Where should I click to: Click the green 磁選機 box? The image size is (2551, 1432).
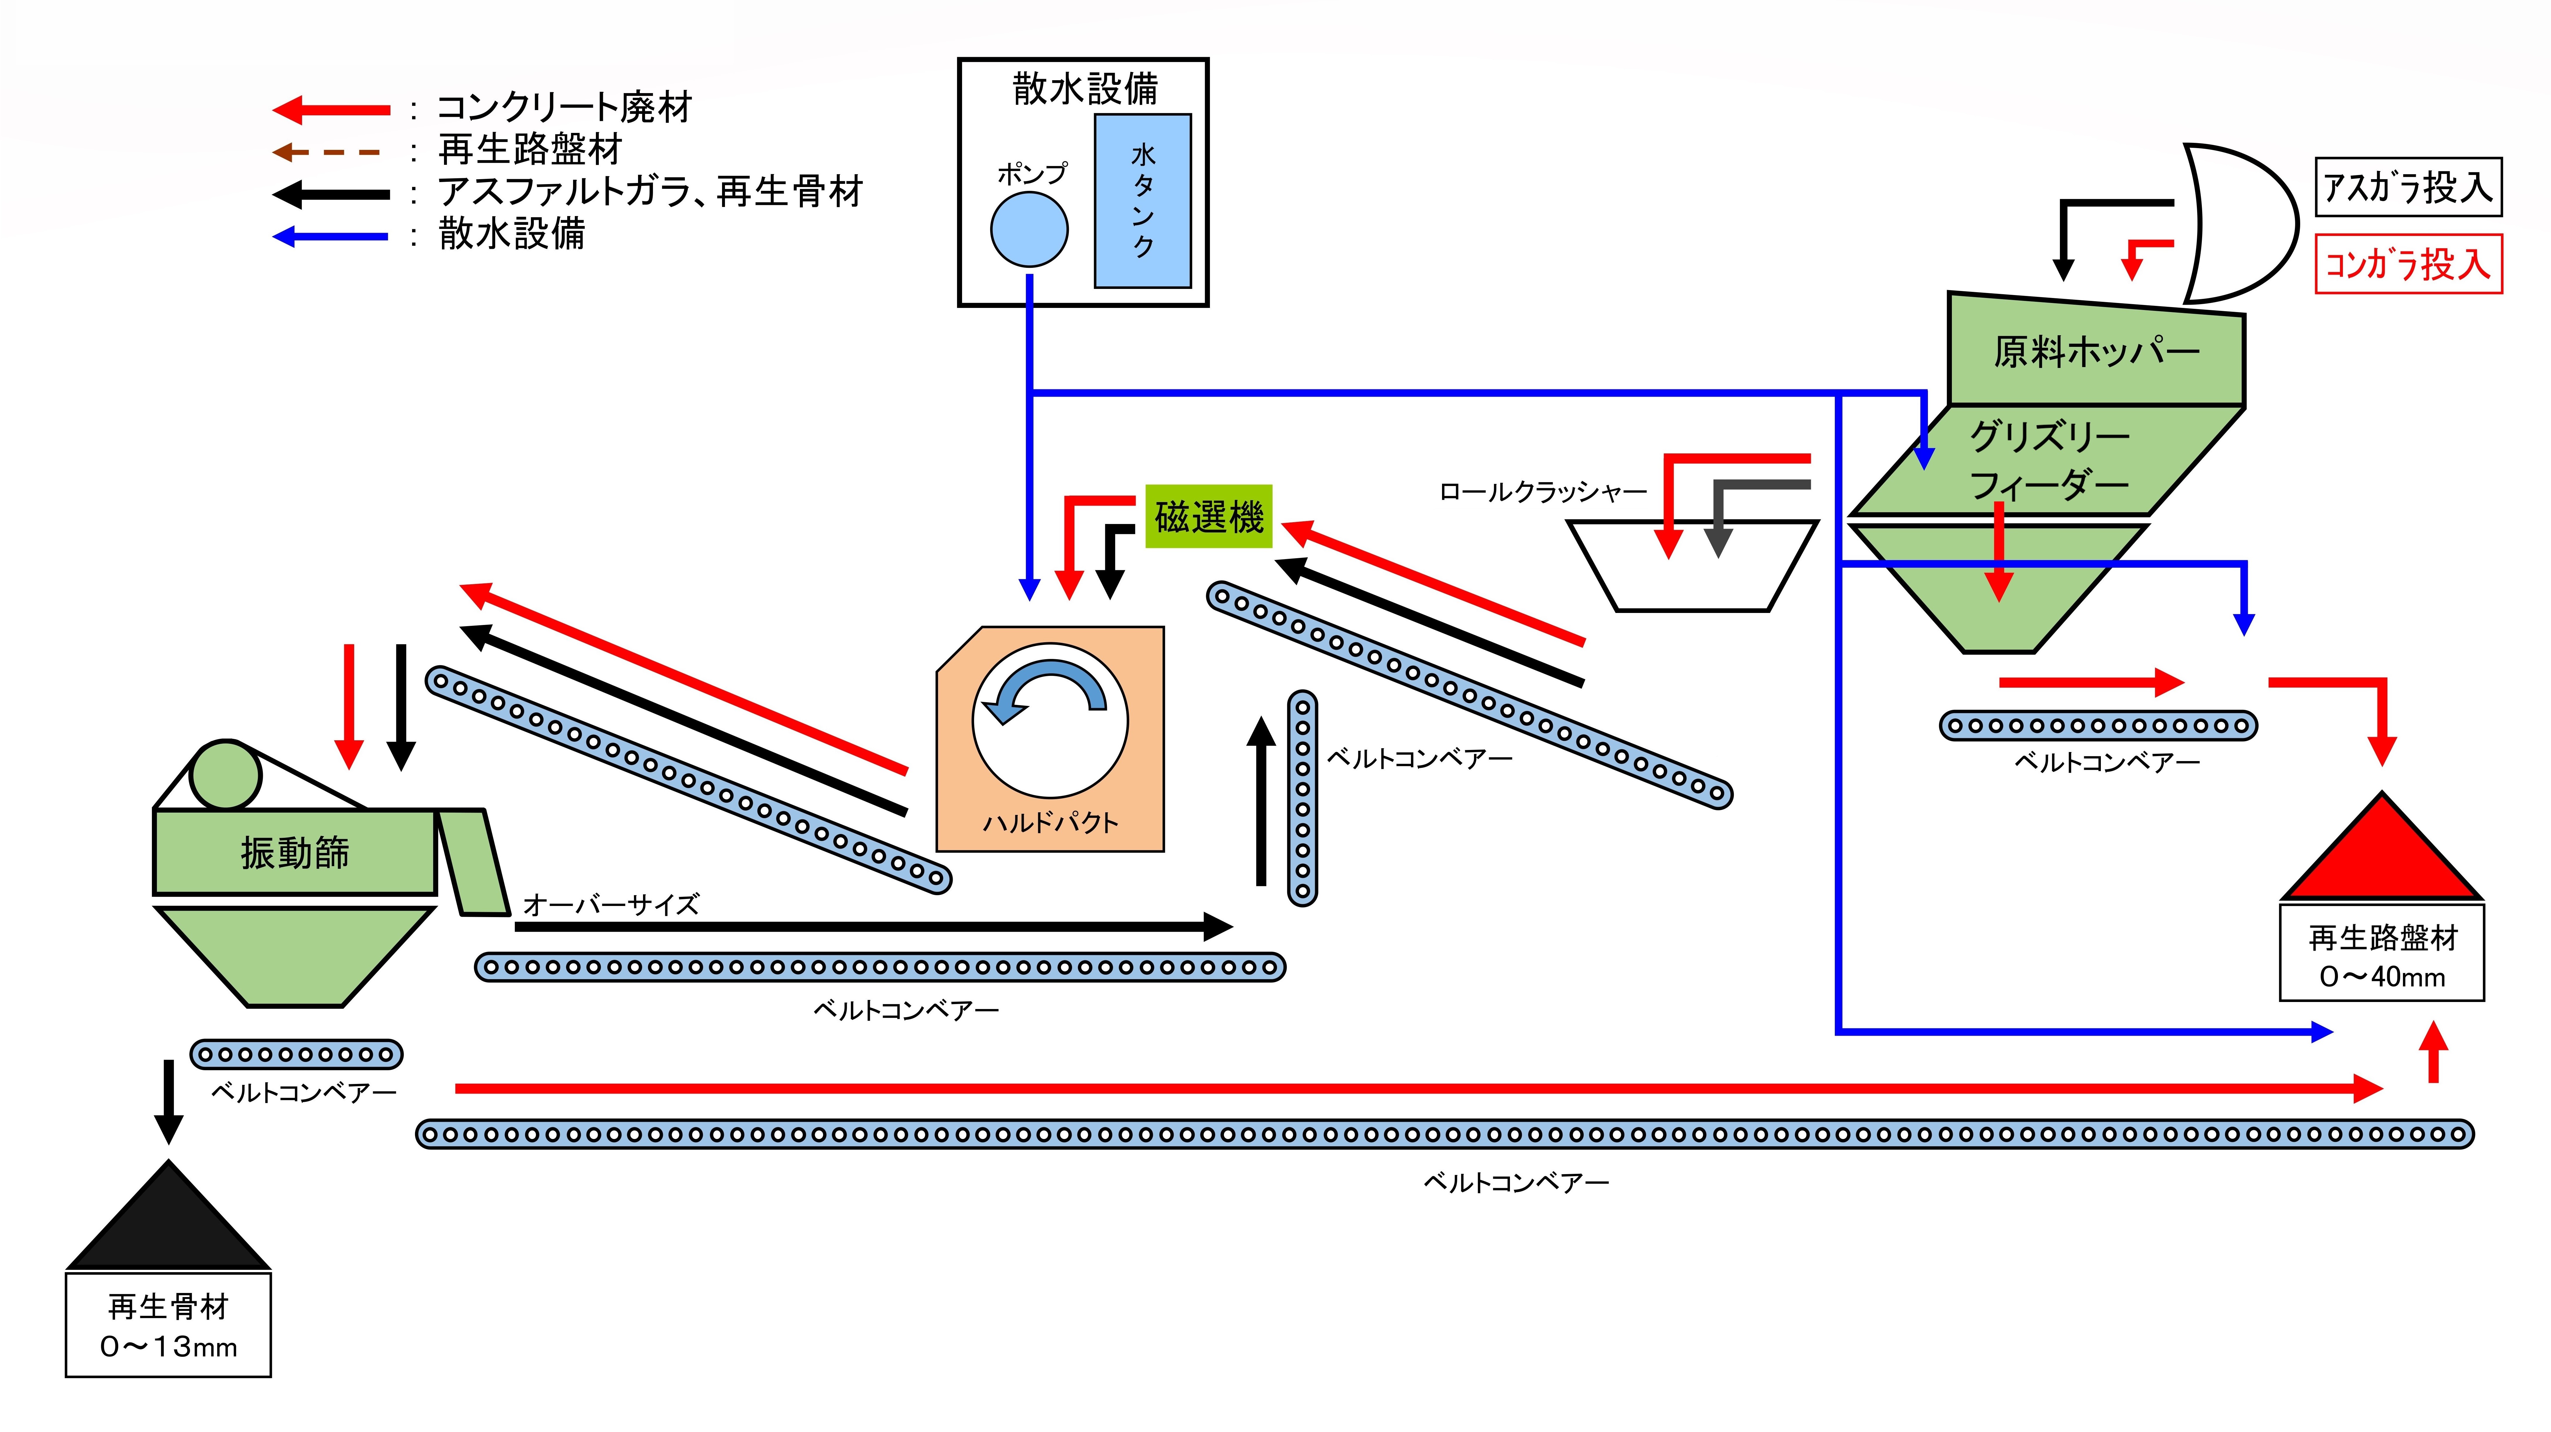click(x=1208, y=516)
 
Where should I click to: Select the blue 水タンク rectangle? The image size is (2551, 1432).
click(x=1142, y=201)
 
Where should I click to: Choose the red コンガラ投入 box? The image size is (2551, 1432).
click(x=2407, y=263)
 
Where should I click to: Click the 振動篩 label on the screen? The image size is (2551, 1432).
click(x=294, y=852)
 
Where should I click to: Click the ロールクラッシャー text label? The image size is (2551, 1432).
click(x=1542, y=491)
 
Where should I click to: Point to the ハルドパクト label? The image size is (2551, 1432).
click(x=1051, y=822)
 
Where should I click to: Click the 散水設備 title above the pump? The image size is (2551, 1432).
click(x=1084, y=88)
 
